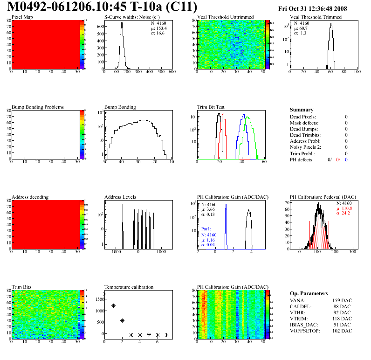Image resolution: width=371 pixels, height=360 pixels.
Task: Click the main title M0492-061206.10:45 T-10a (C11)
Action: click(x=103, y=7)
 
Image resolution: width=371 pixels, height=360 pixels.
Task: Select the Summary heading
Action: click(x=302, y=110)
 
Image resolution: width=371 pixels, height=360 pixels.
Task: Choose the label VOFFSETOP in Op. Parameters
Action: click(x=305, y=331)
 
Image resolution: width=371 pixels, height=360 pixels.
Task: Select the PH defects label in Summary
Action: click(x=302, y=159)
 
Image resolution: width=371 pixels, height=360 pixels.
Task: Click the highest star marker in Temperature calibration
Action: click(x=104, y=294)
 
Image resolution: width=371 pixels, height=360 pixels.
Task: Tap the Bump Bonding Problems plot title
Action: click(x=38, y=107)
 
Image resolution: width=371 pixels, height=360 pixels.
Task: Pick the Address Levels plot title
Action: click(x=121, y=197)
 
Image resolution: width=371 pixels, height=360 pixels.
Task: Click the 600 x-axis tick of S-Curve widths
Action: click(x=172, y=72)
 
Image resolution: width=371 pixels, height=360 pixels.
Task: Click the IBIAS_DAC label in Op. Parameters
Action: click(x=305, y=325)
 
